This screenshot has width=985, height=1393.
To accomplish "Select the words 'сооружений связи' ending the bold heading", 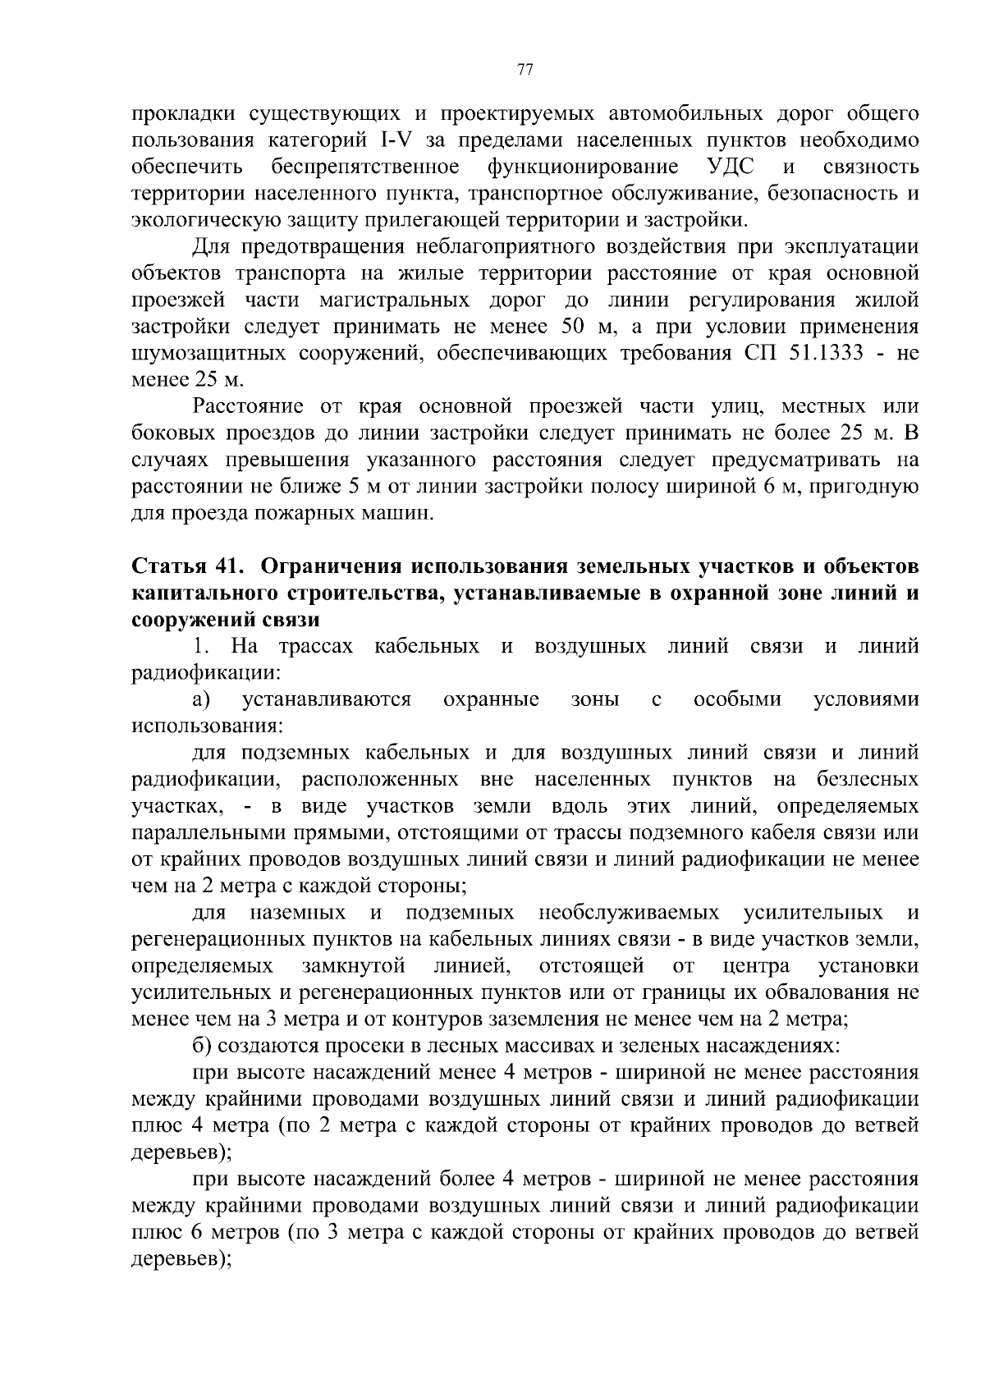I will point(226,620).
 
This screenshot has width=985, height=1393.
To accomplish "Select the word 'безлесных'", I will point(868,779).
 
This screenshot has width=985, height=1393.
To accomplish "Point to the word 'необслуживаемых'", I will point(629,913).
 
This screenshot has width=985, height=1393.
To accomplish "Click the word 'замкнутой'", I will point(354,965).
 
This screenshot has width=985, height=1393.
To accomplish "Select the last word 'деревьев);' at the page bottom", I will point(181,1259).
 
